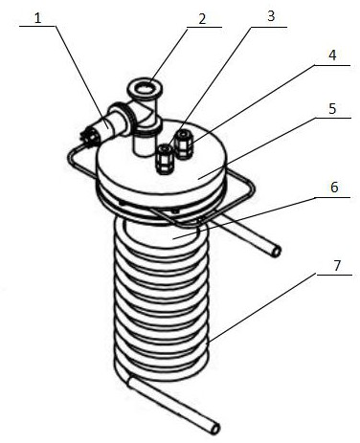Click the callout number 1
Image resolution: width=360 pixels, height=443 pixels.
click(x=38, y=18)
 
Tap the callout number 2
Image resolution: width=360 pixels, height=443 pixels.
click(x=202, y=19)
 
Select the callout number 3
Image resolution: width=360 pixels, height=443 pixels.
click(x=271, y=16)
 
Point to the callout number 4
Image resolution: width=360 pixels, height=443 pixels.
click(x=332, y=55)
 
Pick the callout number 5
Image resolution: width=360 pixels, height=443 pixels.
click(x=332, y=108)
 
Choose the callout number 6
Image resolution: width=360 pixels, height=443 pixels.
click(x=334, y=188)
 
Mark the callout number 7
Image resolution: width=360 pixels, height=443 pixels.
click(x=338, y=265)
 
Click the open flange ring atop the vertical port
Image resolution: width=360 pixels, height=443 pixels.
click(x=145, y=87)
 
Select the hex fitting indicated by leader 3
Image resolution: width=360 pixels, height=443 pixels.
click(x=165, y=159)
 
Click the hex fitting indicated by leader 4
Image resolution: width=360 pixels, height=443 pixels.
click(x=183, y=144)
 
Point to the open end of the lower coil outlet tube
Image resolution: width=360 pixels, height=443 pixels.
click(x=216, y=428)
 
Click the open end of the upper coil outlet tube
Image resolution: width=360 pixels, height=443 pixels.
click(x=277, y=253)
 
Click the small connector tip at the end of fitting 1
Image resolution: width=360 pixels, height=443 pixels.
click(x=86, y=137)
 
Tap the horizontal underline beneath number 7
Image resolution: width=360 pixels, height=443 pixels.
click(x=334, y=275)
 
